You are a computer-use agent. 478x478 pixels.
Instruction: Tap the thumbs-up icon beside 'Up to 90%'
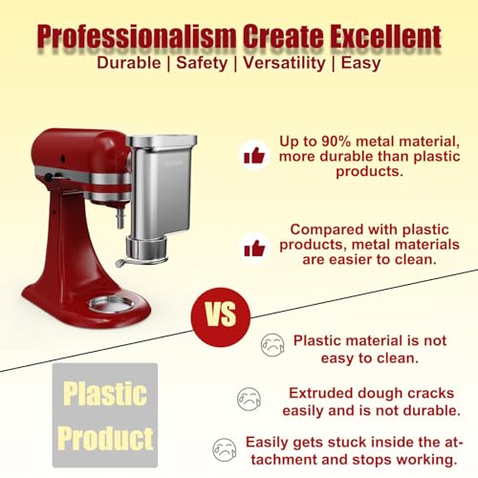coord(253,154)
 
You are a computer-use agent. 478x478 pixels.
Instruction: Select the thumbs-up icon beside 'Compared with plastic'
coord(253,247)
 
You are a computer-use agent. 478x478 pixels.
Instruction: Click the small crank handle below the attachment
coord(124,261)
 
